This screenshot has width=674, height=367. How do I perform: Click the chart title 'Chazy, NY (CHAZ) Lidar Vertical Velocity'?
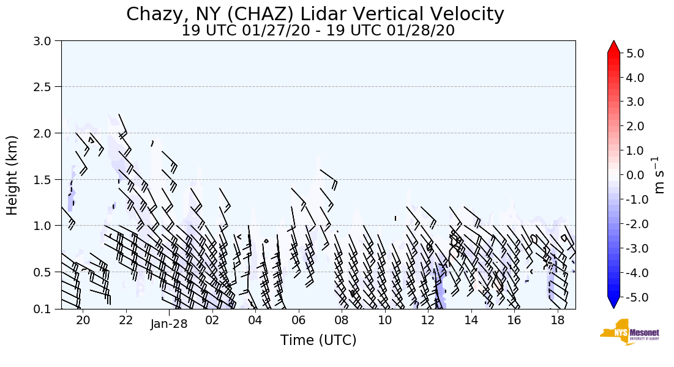[x=315, y=14]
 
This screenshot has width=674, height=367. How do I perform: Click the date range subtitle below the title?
[x=318, y=31]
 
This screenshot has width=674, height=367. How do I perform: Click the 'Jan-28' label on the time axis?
[x=169, y=324]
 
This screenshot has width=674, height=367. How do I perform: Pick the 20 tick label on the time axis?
[x=83, y=321]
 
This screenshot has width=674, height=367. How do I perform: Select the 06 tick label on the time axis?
[x=298, y=321]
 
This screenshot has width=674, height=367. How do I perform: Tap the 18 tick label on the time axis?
[x=557, y=321]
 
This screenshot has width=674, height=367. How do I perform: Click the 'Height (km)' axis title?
[x=13, y=175]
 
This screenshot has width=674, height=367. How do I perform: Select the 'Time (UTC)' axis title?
[x=318, y=340]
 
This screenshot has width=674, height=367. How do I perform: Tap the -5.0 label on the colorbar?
[x=632, y=297]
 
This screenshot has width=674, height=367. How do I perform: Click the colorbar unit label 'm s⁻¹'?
[x=659, y=175]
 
